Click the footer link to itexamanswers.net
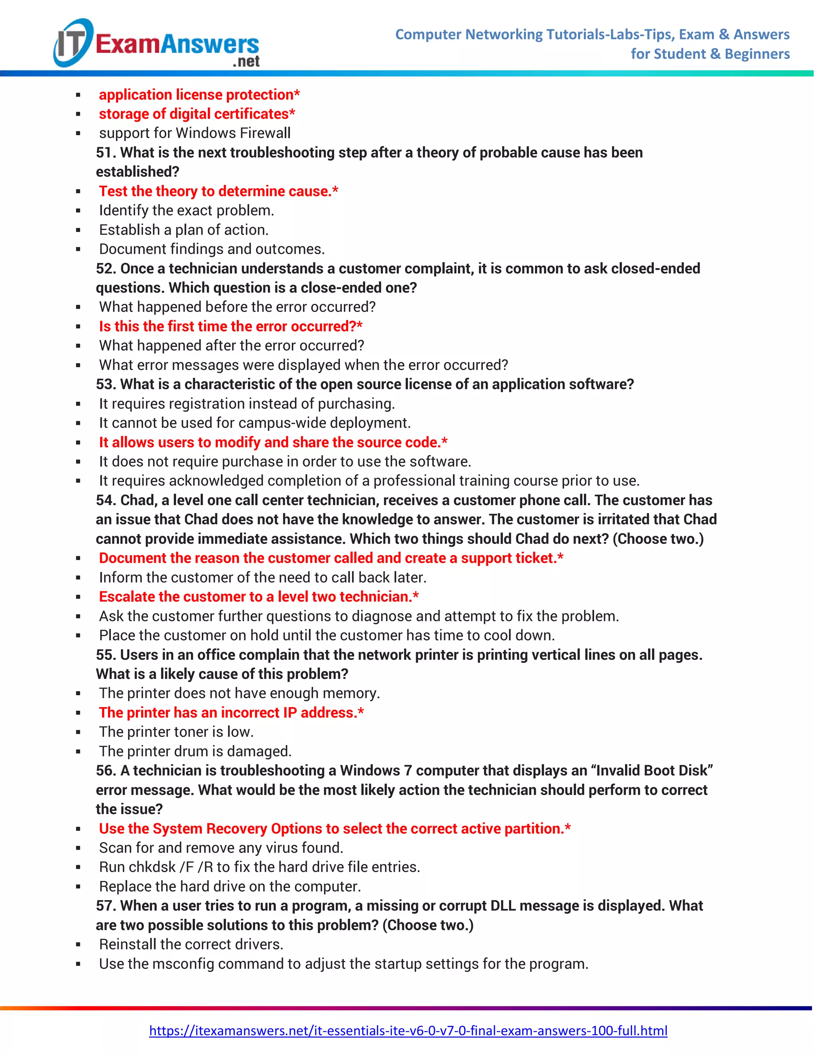(x=408, y=1031)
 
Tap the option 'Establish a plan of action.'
(x=184, y=230)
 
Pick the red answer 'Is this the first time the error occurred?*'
(x=231, y=326)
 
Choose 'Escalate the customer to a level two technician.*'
(x=258, y=597)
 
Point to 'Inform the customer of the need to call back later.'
(x=263, y=577)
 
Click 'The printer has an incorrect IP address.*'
(x=231, y=712)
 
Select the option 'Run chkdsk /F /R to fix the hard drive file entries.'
(x=260, y=867)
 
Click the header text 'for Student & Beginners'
(x=710, y=54)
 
